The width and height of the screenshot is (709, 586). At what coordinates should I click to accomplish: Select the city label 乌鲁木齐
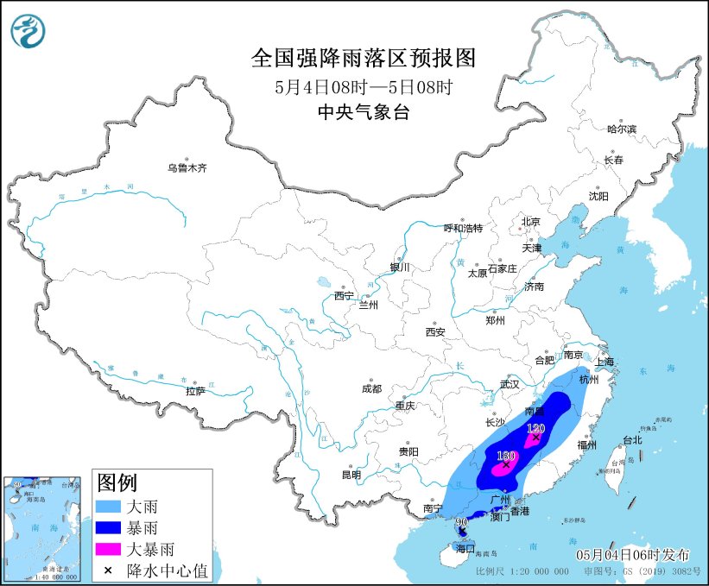[x=187, y=167]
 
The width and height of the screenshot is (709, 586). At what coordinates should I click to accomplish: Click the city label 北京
[x=530, y=222]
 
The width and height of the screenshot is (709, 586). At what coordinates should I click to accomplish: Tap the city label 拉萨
[x=195, y=391]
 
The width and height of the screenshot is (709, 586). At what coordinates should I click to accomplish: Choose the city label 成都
[x=371, y=388]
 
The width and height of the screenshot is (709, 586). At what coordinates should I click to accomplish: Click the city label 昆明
[x=351, y=474]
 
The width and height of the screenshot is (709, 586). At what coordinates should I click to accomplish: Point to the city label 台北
[x=632, y=439]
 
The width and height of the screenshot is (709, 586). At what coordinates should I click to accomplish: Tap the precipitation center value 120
[x=535, y=428]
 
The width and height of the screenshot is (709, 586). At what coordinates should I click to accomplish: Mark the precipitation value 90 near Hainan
[x=461, y=522]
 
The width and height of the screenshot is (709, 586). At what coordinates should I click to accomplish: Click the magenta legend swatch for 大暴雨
[x=107, y=548]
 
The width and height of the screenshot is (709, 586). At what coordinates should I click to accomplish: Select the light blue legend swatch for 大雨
[x=107, y=507]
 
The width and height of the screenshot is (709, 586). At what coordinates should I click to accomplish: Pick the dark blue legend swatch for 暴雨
[x=107, y=527]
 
